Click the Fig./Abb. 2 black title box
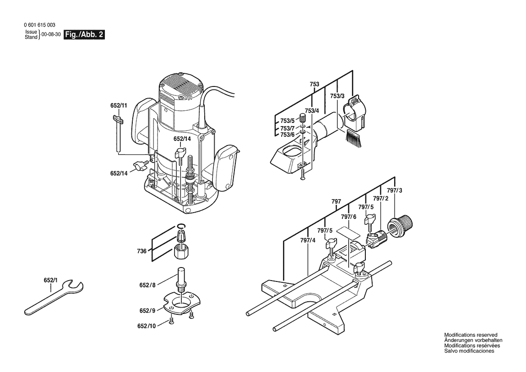pyautogui.click(x=84, y=35)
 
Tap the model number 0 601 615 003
pyautogui.click(x=40, y=25)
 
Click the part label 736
pyautogui.click(x=142, y=251)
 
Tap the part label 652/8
pyautogui.click(x=148, y=285)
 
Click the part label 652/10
pyautogui.click(x=147, y=326)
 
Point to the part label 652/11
pyautogui.click(x=119, y=105)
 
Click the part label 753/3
pyautogui.click(x=337, y=96)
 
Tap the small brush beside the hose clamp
pyautogui.click(x=354, y=138)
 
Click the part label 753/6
pyautogui.click(x=287, y=135)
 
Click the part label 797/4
pyautogui.click(x=308, y=240)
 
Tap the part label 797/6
pyautogui.click(x=349, y=217)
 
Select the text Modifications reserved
pyautogui.click(x=471, y=335)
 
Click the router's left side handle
pyautogui.click(x=141, y=121)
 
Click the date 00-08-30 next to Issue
pyautogui.click(x=51, y=35)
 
